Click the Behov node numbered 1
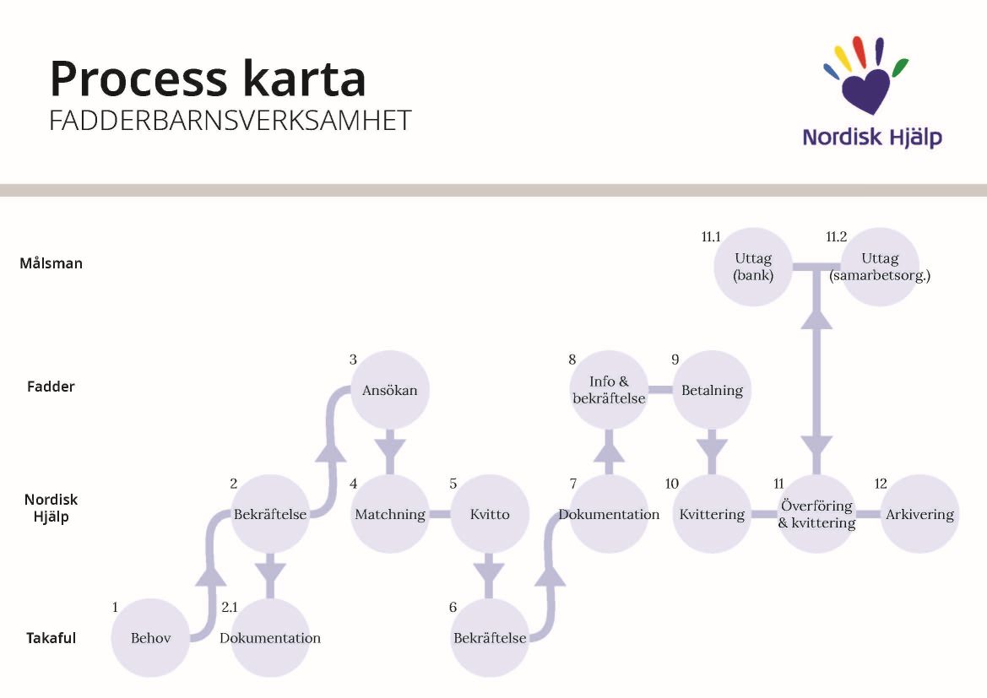pos(150,637)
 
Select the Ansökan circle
pos(389,390)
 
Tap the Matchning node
pos(389,514)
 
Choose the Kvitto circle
pos(490,514)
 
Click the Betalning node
pos(712,390)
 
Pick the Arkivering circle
pos(919,514)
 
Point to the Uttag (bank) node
pos(753,267)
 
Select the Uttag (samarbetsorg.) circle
pos(880,267)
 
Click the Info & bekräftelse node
pos(609,390)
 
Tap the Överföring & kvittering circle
pos(816,514)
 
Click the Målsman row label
pos(52,263)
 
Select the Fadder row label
pos(51,387)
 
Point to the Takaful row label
pos(51,638)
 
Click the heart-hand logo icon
pos(865,76)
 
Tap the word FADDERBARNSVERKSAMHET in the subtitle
pos(230,121)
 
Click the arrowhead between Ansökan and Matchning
pos(389,444)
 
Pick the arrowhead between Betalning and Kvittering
pos(712,444)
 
